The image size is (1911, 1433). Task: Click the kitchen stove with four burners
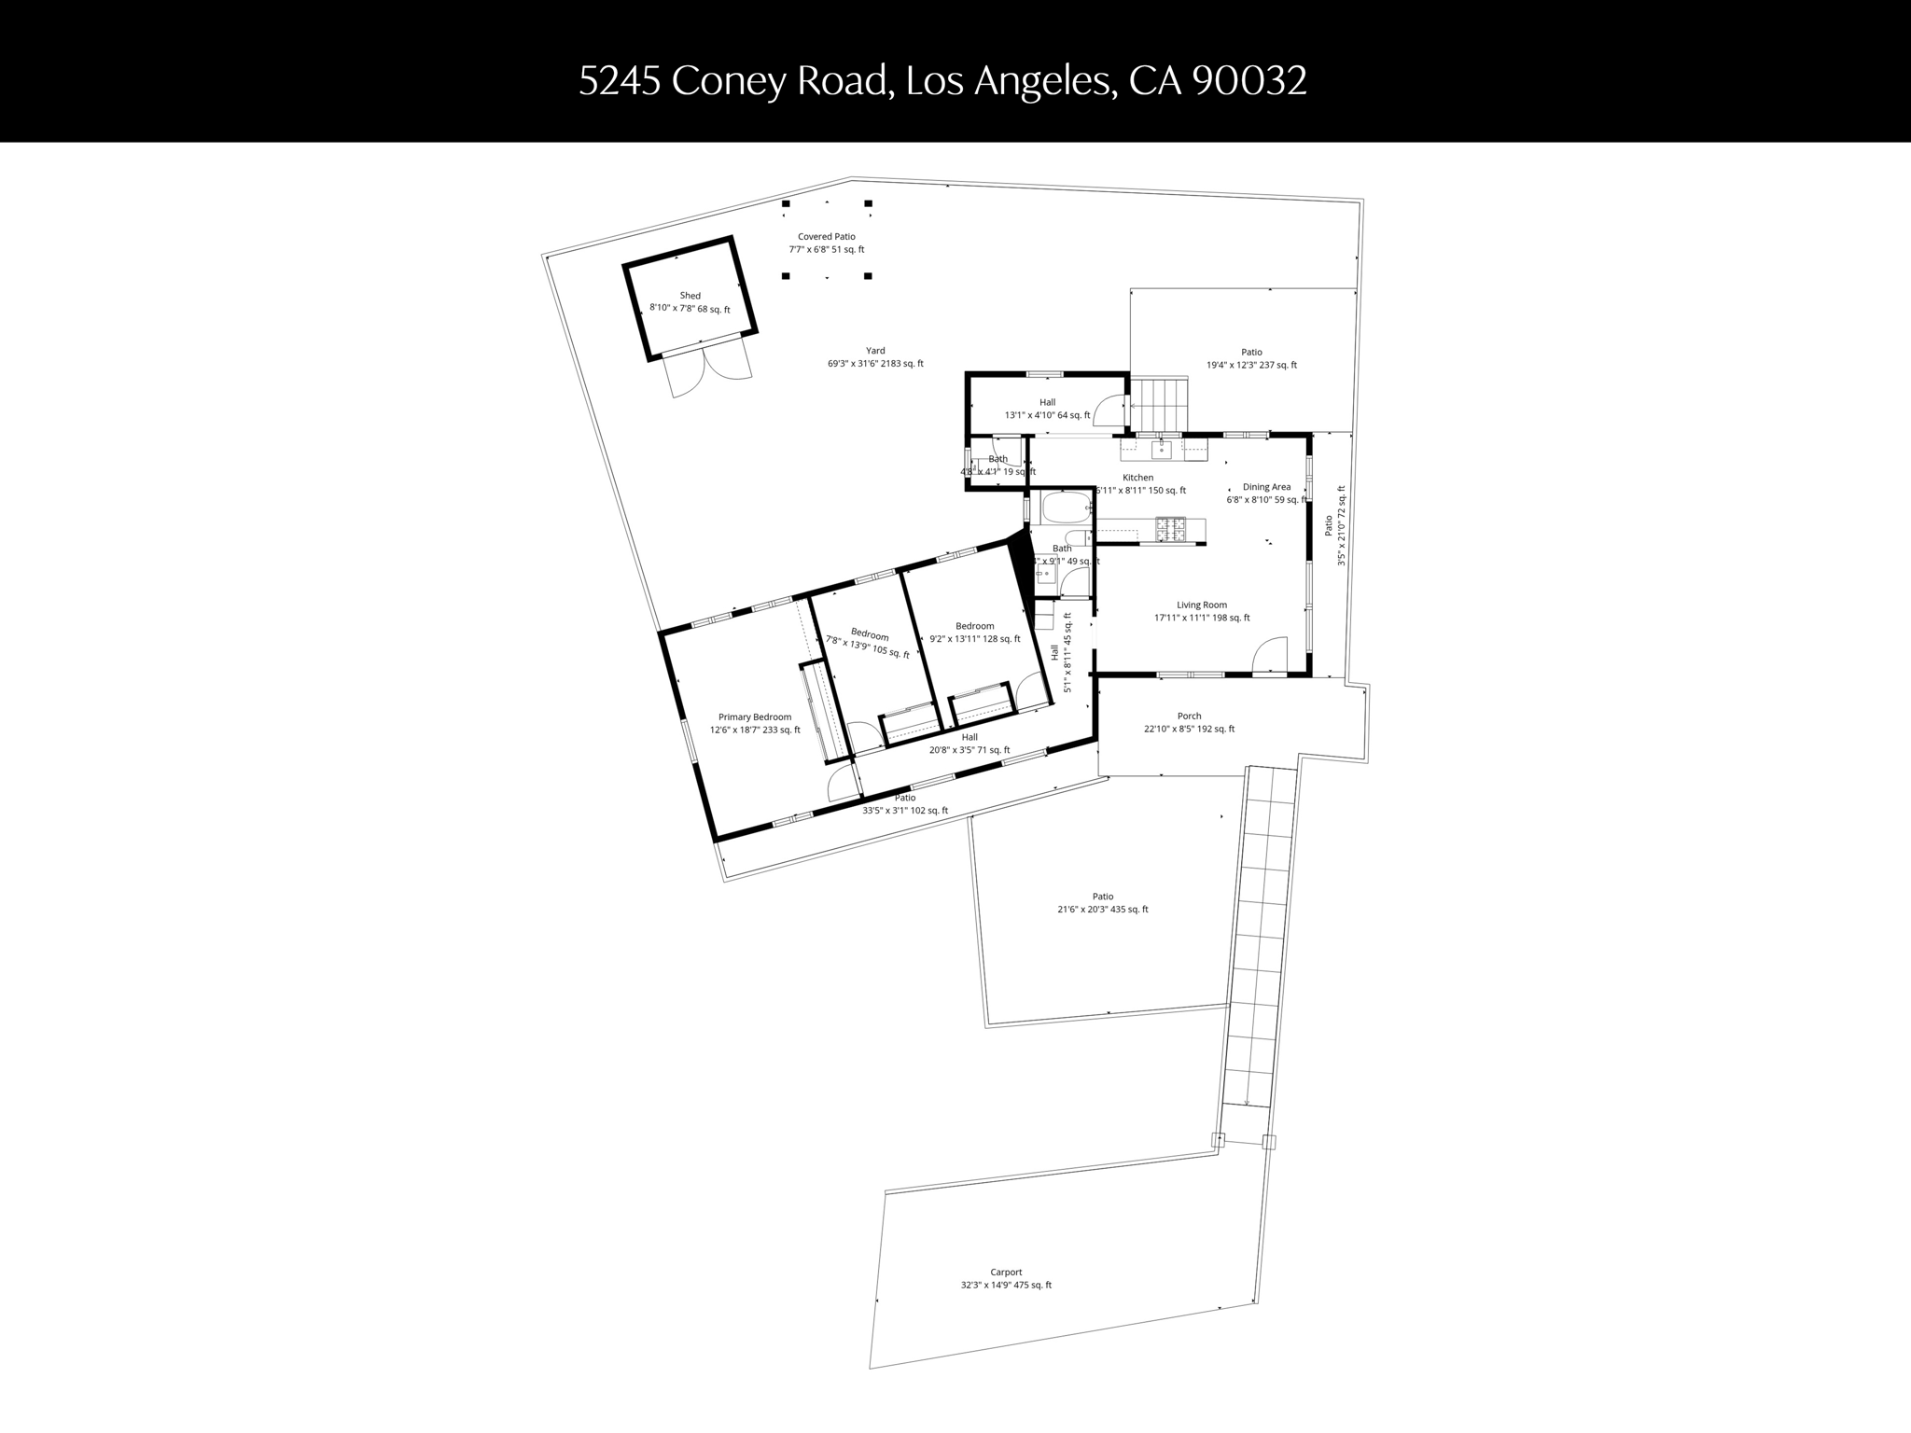coord(1170,529)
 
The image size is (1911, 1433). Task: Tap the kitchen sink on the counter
coord(1161,450)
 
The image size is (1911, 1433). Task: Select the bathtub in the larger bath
coord(1067,508)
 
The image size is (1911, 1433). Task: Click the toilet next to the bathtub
coord(1079,537)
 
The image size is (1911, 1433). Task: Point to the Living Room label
coord(1202,605)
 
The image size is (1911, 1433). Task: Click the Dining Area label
coord(1266,487)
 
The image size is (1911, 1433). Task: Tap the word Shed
coord(690,296)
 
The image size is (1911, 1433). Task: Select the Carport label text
coord(1006,1273)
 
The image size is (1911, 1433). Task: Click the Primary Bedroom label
coord(755,717)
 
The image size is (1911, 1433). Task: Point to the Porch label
coord(1189,716)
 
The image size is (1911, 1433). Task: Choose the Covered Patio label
coord(826,237)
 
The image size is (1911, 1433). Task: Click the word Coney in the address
coord(729,81)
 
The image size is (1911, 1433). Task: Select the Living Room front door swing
coord(1271,655)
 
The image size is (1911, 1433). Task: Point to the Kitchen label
coord(1137,478)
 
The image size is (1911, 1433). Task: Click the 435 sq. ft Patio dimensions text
coord(1096,910)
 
